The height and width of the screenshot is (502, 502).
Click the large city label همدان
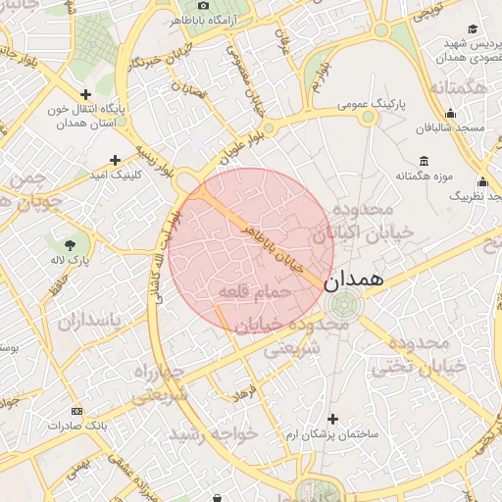[x=356, y=279]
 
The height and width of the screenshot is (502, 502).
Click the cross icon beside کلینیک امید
[x=116, y=159]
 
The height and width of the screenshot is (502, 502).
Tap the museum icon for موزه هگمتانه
[x=424, y=161]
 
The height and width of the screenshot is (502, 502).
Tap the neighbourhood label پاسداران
[x=88, y=322]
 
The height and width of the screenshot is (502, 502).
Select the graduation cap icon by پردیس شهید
[x=473, y=29]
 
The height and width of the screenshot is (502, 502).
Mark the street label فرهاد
[x=242, y=393]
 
